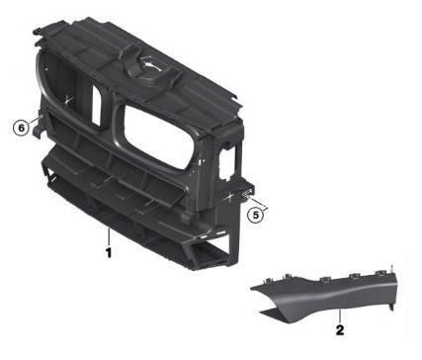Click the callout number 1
click(x=109, y=253)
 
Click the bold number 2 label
click(x=340, y=330)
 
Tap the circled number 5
click(x=256, y=216)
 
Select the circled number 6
click(x=21, y=128)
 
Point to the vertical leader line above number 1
click(x=108, y=236)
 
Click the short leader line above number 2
click(x=340, y=315)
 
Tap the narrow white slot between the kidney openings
click(x=96, y=106)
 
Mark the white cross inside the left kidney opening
click(x=68, y=100)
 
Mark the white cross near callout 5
click(x=228, y=197)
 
